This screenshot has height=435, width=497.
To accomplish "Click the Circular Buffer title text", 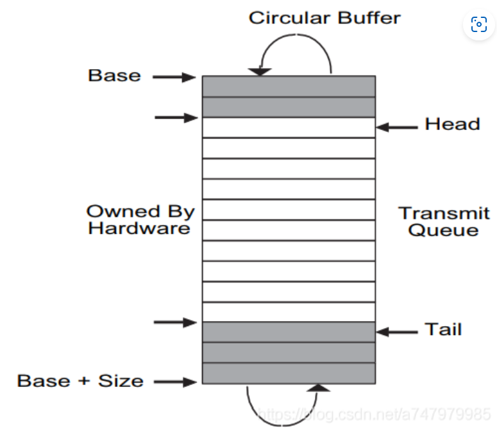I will click(x=324, y=17).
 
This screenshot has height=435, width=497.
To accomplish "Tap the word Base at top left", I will click(x=114, y=76).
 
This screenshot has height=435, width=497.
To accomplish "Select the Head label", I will click(x=452, y=124).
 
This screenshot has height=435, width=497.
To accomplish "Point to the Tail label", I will click(x=443, y=330).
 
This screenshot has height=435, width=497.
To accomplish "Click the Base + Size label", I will click(x=80, y=381).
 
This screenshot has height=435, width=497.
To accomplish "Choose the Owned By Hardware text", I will click(x=140, y=220).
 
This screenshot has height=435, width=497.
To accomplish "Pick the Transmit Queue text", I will click(x=444, y=222).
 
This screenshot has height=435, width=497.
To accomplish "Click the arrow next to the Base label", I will click(x=174, y=78).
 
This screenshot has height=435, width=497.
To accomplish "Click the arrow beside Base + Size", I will click(x=174, y=382).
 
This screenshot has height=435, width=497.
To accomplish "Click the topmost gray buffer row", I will click(x=289, y=86).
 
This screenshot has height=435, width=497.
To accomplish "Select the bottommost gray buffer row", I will click(x=289, y=373).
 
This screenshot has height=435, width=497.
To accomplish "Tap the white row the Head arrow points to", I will click(x=289, y=127).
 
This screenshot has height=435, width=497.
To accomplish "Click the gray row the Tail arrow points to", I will click(x=289, y=332).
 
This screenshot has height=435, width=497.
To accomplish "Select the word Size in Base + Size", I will click(x=121, y=381).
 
